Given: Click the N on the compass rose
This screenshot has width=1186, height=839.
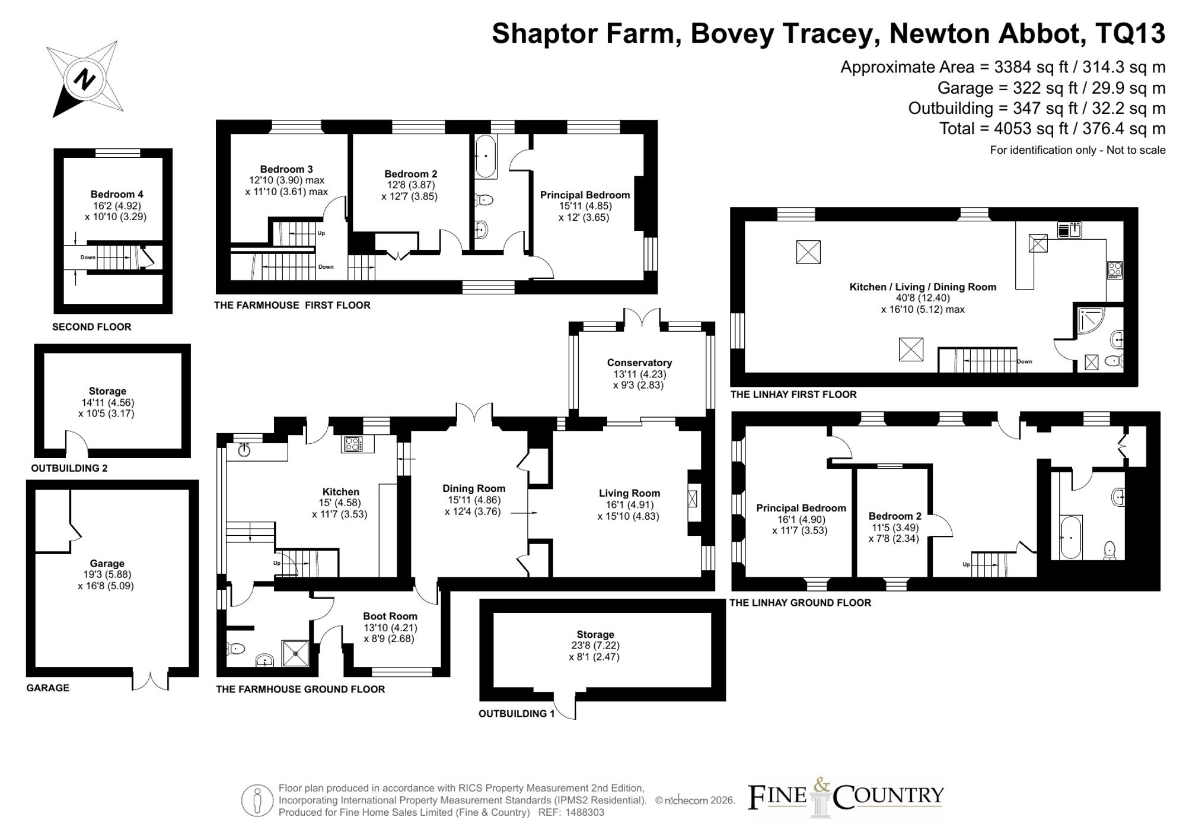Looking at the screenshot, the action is click(85, 79).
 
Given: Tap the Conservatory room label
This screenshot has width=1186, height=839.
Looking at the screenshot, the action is click(639, 363).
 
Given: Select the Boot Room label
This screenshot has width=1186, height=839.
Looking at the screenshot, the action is click(390, 616).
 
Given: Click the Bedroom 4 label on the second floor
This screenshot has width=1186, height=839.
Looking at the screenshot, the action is click(117, 194).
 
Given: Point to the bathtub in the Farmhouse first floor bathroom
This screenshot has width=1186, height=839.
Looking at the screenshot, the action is click(486, 157).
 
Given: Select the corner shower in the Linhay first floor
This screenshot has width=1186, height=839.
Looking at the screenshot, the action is click(1090, 321).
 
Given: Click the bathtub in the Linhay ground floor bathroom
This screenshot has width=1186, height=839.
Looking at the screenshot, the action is click(1070, 537).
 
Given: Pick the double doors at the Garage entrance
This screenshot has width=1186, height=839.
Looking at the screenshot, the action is click(151, 680).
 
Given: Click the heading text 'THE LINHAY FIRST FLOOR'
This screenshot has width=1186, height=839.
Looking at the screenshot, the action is click(793, 395).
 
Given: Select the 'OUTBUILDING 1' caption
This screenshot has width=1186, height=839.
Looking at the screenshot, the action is click(517, 713).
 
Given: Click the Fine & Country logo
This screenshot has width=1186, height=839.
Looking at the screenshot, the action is click(845, 797).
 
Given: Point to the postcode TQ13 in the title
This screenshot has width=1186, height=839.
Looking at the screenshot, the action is click(1130, 33).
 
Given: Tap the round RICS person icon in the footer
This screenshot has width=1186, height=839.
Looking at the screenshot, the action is click(257, 800).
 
